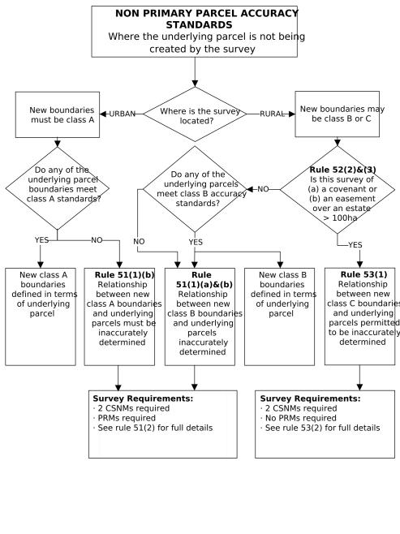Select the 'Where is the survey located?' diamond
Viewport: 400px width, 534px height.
coord(195,115)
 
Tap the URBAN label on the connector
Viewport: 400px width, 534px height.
coord(122,114)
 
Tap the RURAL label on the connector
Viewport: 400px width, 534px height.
coord(272,114)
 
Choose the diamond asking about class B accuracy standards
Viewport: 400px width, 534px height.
coord(195,189)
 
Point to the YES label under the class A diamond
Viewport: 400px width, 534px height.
coord(42,240)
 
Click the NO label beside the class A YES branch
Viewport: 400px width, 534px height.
coord(97,240)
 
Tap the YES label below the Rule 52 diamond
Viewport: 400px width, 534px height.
coord(355,244)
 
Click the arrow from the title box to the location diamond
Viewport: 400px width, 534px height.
coord(195,71)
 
